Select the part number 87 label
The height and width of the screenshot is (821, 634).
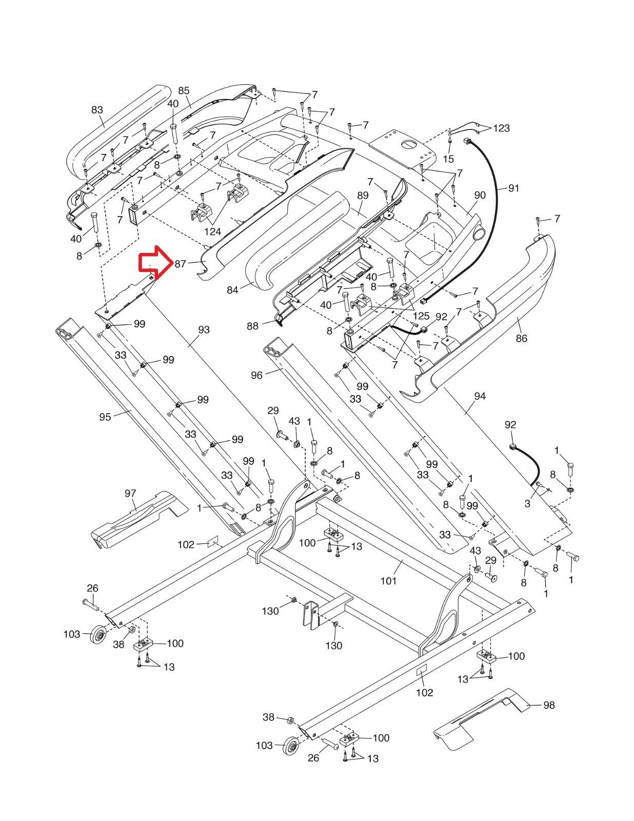pyautogui.click(x=180, y=264)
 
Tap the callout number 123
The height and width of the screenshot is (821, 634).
pyautogui.click(x=501, y=128)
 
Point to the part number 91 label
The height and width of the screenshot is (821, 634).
pyautogui.click(x=513, y=188)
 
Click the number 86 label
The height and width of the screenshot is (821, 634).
pyautogui.click(x=521, y=338)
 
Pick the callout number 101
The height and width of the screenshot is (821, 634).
pyautogui.click(x=388, y=581)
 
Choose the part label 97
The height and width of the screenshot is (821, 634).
pyautogui.click(x=130, y=494)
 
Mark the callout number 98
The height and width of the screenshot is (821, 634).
pyautogui.click(x=549, y=705)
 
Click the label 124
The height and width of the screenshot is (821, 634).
pyautogui.click(x=212, y=231)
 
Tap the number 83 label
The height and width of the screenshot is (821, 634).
pyautogui.click(x=97, y=110)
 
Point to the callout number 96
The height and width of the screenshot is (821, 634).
pyautogui.click(x=256, y=376)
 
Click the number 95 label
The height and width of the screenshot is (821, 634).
pyautogui.click(x=105, y=417)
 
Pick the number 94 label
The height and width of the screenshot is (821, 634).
pyautogui.click(x=480, y=396)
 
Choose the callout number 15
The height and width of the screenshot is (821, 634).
pyautogui.click(x=449, y=159)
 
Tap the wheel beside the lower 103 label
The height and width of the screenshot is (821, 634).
pyautogui.click(x=291, y=746)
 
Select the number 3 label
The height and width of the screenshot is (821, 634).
pyautogui.click(x=527, y=504)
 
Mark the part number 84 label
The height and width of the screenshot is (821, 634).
pyautogui.click(x=233, y=290)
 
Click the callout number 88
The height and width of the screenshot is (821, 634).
pyautogui.click(x=253, y=326)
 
